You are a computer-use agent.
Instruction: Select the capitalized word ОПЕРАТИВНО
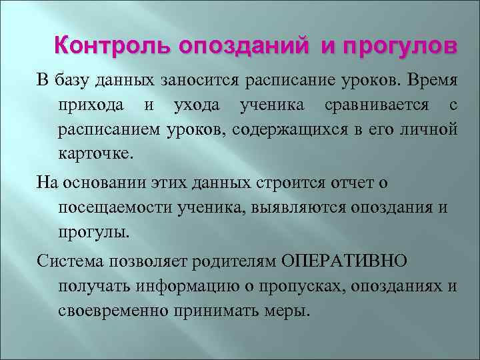(x=347, y=261)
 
